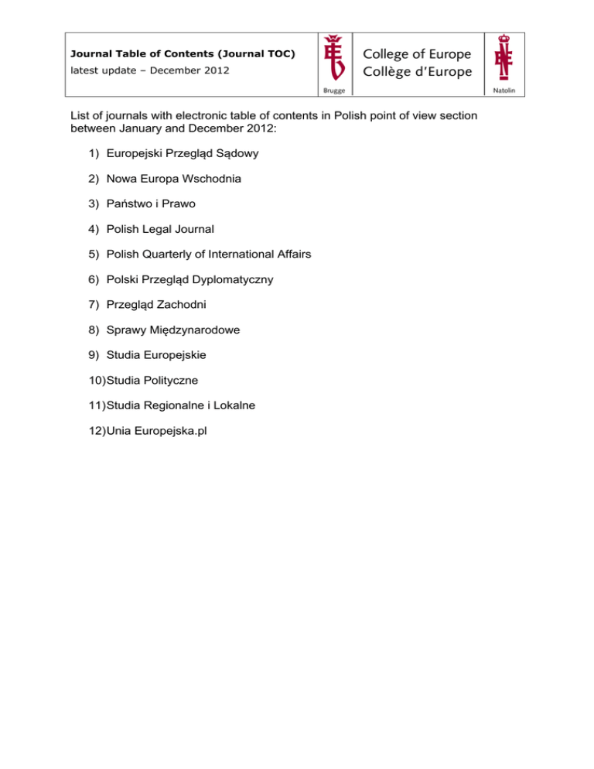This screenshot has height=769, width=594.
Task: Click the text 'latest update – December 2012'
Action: [x=150, y=70]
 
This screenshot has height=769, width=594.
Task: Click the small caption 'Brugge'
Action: [x=335, y=91]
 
